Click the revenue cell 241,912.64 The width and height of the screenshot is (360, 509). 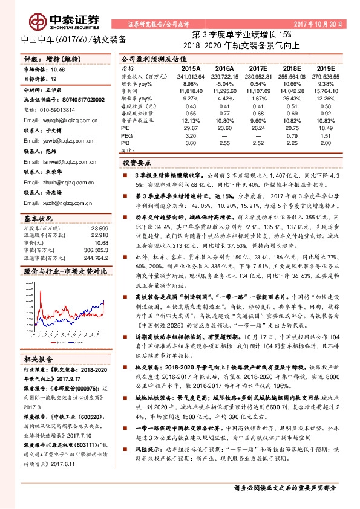pyautogui.click(x=189, y=77)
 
